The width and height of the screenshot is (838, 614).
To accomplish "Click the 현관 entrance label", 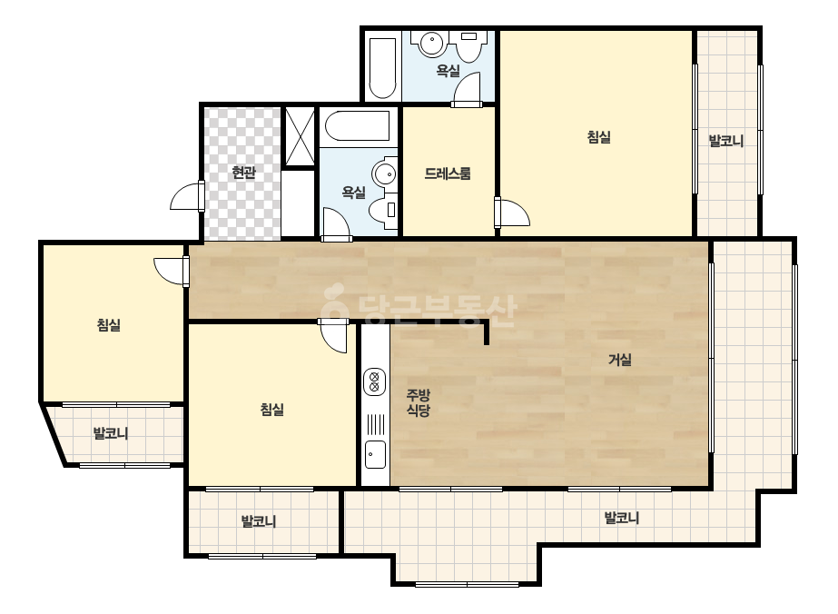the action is point(243,173).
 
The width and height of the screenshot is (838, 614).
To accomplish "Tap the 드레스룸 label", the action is point(448,173).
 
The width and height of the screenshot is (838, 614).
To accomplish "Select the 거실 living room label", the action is point(620,360).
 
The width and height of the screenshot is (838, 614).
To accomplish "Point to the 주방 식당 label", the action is point(418,402).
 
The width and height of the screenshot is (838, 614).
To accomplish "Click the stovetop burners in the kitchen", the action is point(375,381).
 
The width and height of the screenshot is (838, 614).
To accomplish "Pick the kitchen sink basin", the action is point(375,454).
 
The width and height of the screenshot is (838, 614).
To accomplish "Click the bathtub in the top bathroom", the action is point(382,68).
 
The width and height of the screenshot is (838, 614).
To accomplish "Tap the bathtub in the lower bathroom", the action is point(358,126).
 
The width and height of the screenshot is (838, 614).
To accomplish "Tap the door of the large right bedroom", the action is point(512,213).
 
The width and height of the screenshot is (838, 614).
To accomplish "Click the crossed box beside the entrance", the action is point(300,137).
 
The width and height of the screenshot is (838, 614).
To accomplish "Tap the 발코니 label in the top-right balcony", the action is point(725,141).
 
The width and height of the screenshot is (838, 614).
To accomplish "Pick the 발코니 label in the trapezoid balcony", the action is point(111,433).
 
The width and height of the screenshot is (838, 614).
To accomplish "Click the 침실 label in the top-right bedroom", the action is point(598,137).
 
